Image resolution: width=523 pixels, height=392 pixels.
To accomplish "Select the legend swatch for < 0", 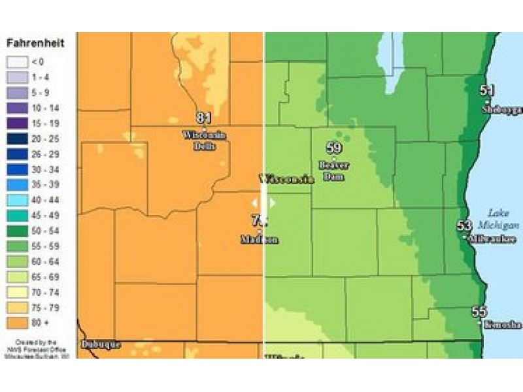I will coord(16,62).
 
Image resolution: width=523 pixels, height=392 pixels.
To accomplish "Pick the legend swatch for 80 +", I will coord(16,322).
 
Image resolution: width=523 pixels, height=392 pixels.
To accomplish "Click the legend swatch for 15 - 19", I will coord(16,123).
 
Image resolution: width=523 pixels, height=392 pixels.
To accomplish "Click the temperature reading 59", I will coord(334,148).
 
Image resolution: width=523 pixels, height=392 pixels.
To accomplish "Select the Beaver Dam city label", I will coord(333,171).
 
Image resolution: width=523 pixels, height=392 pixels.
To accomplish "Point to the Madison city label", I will coord(259,240).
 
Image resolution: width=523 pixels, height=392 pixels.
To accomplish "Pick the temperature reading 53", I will coord(464,226).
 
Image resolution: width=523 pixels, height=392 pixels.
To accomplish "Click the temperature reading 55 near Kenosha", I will coord(479,312).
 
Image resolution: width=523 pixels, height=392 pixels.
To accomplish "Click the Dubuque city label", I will coord(102,344).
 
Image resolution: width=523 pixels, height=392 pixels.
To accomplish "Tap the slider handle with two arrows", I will coord(263,203).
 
